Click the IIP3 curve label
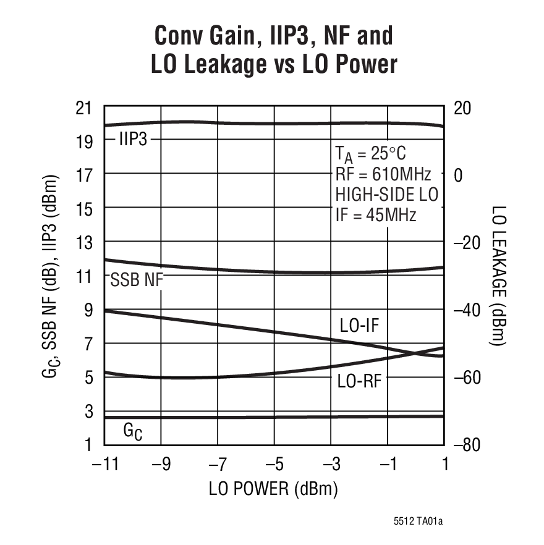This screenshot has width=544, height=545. tap(133, 140)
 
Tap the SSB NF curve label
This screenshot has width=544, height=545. tap(136, 280)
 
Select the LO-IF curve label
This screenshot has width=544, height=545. tap(359, 326)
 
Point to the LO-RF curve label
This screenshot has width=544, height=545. tap(359, 381)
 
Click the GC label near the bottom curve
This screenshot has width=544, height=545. tap(133, 431)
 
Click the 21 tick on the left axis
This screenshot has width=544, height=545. tap(84, 109)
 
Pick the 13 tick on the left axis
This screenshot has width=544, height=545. tap(84, 243)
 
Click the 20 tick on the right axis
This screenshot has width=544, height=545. tap(462, 108)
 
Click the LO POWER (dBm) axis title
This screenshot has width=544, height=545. tap(274, 489)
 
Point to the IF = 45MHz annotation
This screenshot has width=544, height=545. tap(376, 215)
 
